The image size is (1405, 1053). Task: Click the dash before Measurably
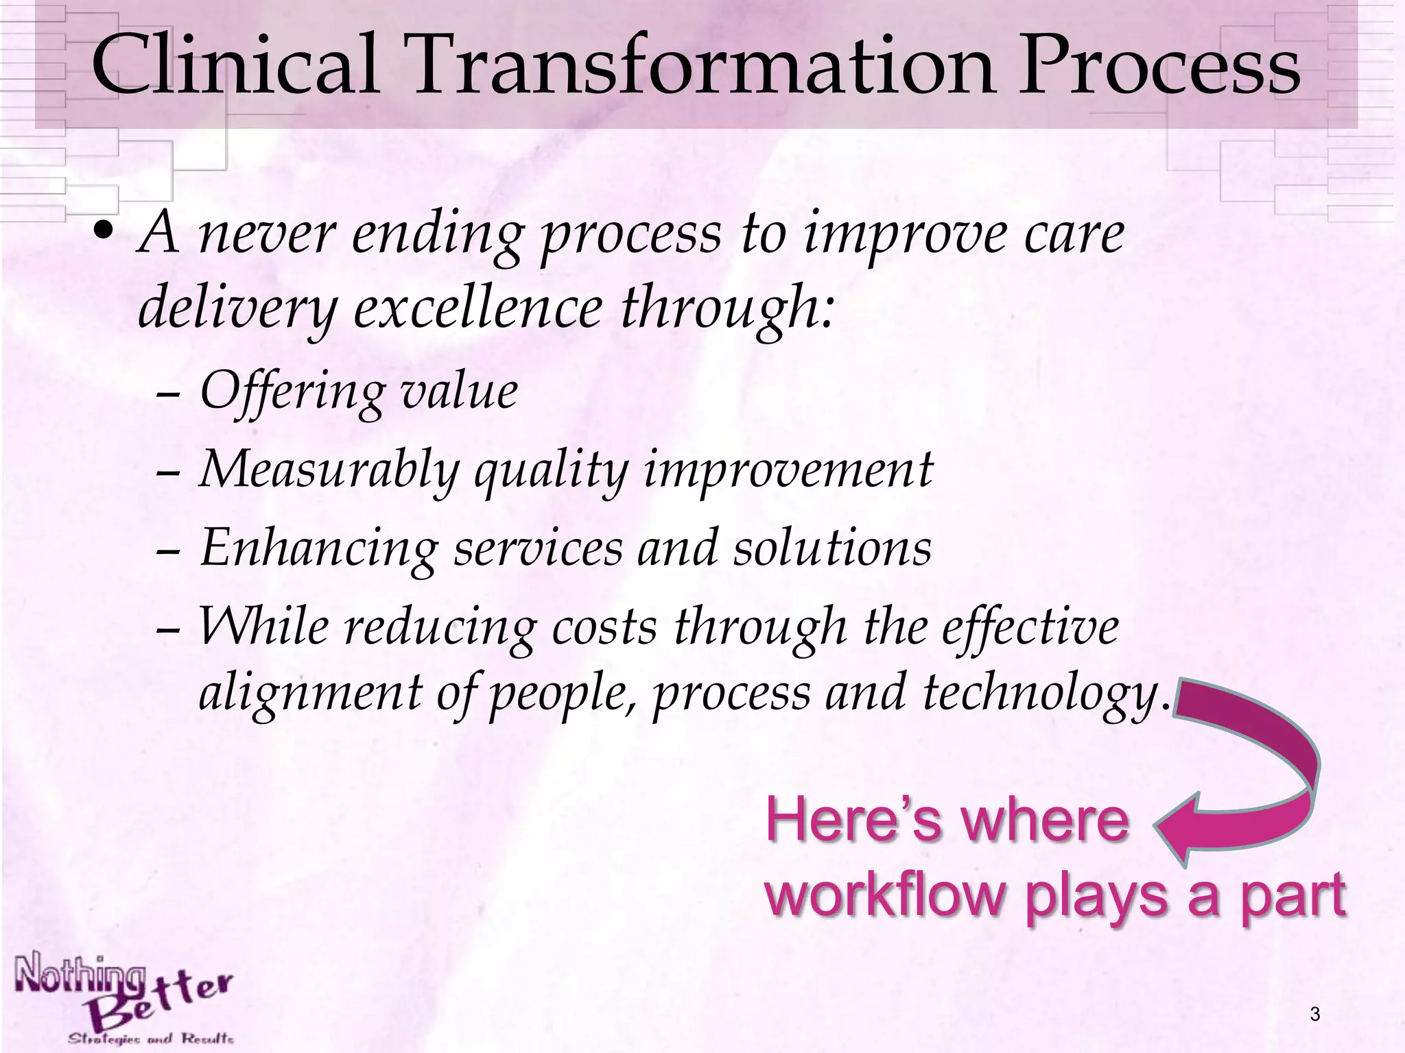pyautogui.click(x=167, y=474)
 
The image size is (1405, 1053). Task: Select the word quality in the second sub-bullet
pyautogui.click(x=551, y=472)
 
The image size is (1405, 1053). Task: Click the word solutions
pyautogui.click(x=831, y=548)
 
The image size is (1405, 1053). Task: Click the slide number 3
pyautogui.click(x=1314, y=1013)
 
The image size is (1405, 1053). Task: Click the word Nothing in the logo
pyautogui.click(x=79, y=974)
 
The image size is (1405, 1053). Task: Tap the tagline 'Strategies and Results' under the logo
pyautogui.click(x=150, y=1039)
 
